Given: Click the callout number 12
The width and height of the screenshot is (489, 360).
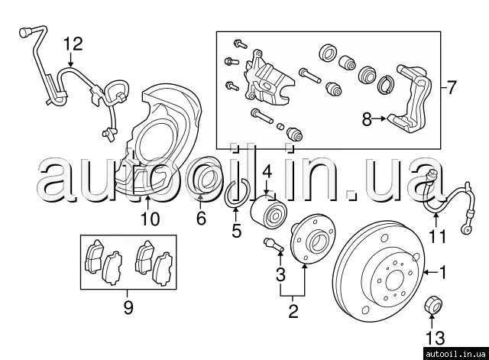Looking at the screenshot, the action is click(73, 44).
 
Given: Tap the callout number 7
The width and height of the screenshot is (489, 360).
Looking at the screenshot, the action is click(452, 88).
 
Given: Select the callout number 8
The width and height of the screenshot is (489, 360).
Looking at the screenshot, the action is click(367, 119).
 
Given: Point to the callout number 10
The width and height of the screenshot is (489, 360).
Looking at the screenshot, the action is click(150, 219).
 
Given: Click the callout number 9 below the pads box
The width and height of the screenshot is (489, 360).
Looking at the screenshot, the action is click(128, 307).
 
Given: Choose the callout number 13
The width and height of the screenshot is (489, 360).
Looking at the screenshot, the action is click(436, 338).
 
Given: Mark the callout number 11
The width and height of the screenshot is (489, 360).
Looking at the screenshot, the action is click(438, 236).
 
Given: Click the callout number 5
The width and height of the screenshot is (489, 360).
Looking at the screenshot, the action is click(236, 231).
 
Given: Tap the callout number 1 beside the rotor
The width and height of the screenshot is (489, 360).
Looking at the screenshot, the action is click(442, 272).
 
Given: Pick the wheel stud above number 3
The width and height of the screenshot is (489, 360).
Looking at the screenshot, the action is click(274, 245).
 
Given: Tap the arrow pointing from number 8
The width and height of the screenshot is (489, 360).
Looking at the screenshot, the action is click(380, 119).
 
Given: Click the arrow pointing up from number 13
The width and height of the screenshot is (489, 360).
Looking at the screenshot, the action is click(432, 321).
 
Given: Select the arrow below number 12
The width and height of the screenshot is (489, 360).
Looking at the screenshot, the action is click(71, 60).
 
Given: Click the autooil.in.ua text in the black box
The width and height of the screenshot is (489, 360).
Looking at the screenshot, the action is click(455, 354).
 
